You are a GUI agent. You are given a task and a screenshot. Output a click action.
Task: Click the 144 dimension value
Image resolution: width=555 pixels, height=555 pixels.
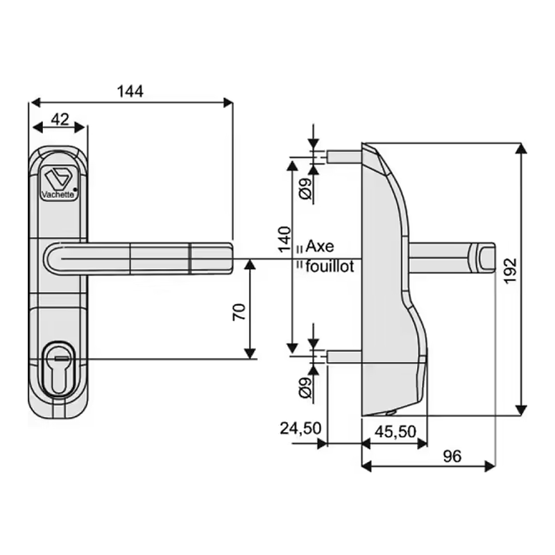pyautogui.click(x=130, y=92)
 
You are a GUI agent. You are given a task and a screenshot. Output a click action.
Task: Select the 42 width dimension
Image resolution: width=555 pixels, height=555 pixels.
pyautogui.click(x=60, y=119)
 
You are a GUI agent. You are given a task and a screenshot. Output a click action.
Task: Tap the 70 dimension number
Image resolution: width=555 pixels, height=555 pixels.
pyautogui.click(x=239, y=311)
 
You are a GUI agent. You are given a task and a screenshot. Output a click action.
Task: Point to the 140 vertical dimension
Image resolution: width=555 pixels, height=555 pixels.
pyautogui.click(x=284, y=239)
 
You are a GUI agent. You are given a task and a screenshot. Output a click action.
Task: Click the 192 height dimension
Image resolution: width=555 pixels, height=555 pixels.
pyautogui.click(x=510, y=271)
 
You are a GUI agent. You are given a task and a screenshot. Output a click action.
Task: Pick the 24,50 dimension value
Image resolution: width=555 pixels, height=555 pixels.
pyautogui.click(x=300, y=428)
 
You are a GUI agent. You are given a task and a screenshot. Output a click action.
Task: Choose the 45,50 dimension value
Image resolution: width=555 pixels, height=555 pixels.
pyautogui.click(x=395, y=432)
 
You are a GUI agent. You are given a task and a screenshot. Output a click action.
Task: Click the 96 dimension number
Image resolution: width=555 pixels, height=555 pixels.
pyautogui.click(x=452, y=456)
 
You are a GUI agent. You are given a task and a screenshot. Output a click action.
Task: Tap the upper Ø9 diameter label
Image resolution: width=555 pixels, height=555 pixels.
pyautogui.click(x=307, y=189)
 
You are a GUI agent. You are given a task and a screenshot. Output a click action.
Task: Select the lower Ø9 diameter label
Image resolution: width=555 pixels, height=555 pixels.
pyautogui.click(x=307, y=388)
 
